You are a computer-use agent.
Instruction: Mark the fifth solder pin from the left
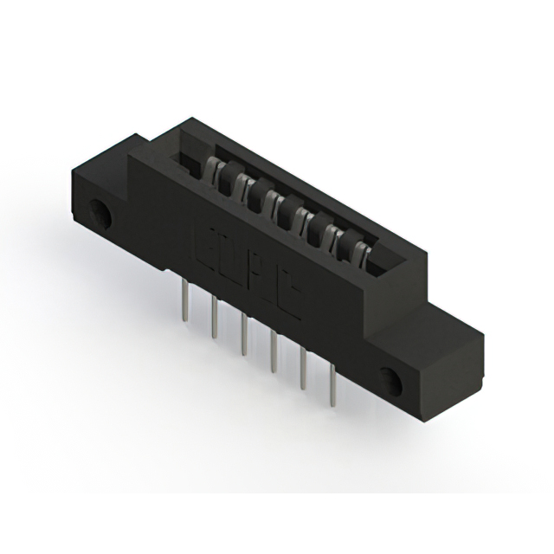pyautogui.click(x=304, y=370)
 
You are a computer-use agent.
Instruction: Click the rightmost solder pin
pyautogui.click(x=333, y=388)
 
